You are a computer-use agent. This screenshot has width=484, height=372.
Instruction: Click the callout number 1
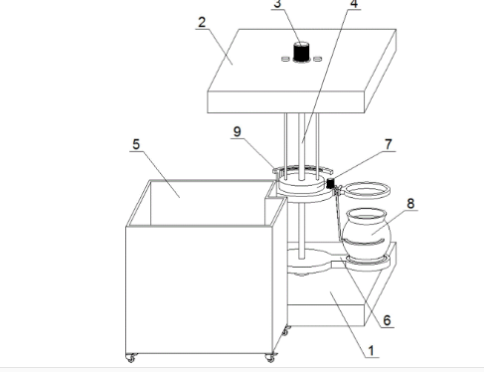371,350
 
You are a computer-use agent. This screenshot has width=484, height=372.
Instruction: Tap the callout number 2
202,22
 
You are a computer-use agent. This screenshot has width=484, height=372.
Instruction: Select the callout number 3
277,4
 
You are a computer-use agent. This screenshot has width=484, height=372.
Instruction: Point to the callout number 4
354,4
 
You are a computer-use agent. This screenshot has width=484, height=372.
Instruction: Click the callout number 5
136,144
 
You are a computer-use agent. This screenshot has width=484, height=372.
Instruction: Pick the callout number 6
387,320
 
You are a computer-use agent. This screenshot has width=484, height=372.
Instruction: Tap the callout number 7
389,144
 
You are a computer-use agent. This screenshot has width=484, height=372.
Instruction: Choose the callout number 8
410,203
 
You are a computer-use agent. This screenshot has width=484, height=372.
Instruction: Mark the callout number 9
238,131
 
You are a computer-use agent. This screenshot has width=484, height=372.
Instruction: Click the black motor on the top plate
301,52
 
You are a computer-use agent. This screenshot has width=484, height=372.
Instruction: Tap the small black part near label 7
330,183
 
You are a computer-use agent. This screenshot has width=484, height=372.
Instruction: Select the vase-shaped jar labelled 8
367,234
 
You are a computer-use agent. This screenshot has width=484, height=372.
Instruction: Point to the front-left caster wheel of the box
131,357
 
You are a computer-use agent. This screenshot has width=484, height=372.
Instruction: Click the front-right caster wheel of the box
270,357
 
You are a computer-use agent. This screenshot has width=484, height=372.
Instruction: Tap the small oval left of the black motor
285,59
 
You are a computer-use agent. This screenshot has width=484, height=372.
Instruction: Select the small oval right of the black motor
317,59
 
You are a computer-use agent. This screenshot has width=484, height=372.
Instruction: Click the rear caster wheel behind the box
286,330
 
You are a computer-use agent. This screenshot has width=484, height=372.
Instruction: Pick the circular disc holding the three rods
300,184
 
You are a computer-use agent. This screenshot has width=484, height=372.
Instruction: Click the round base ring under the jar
368,264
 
